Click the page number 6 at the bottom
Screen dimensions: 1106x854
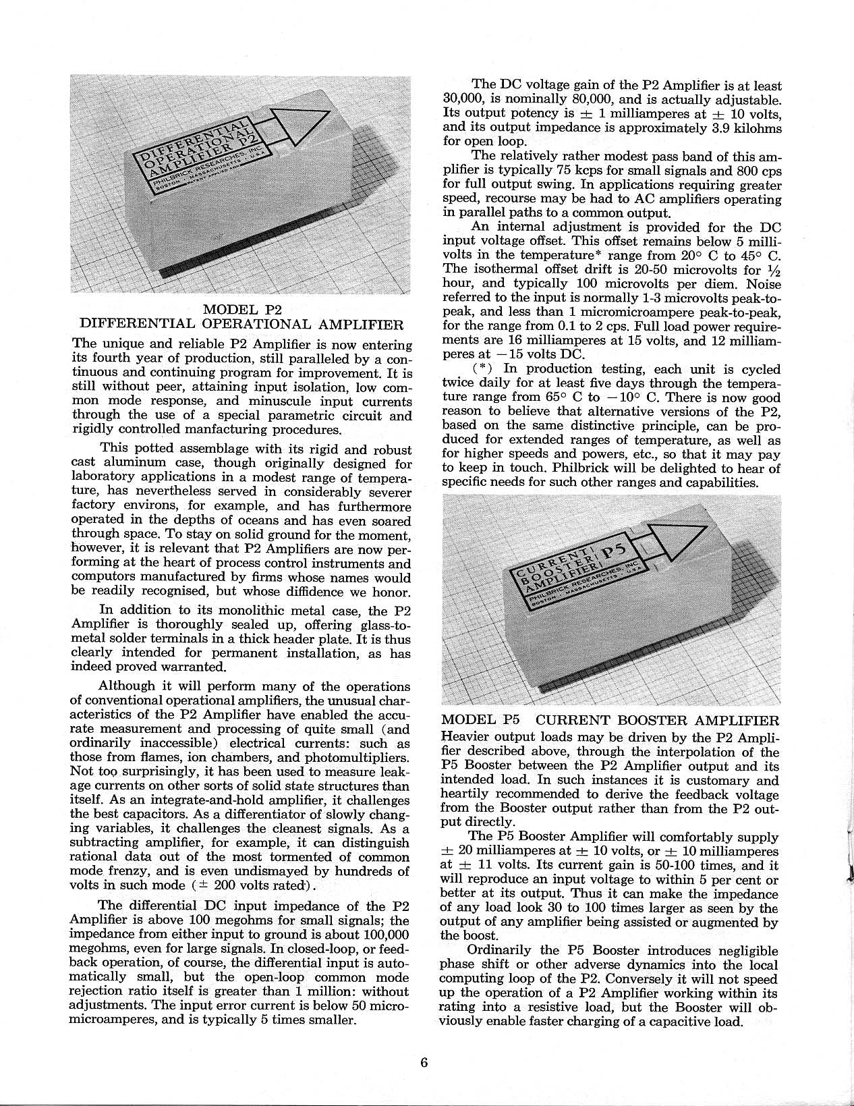(424, 1061)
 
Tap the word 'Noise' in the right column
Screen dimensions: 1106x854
(763, 284)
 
